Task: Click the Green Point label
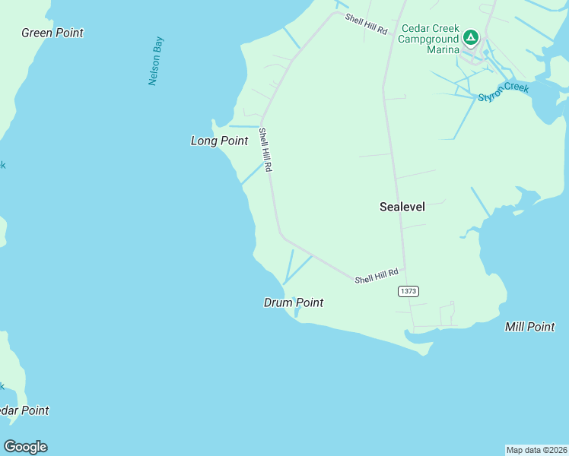(x=52, y=33)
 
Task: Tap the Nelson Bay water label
(x=156, y=60)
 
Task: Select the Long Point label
(x=219, y=141)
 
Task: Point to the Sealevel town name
(x=402, y=206)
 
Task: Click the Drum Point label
(x=293, y=302)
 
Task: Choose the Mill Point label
(x=529, y=327)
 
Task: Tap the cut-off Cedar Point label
(x=24, y=410)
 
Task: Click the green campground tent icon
(x=471, y=36)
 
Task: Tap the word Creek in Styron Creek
(x=516, y=87)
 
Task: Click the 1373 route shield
(x=408, y=291)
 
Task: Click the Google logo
(x=25, y=447)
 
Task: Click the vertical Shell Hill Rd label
(x=265, y=150)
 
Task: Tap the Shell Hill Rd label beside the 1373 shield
(x=377, y=277)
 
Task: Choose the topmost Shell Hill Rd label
(x=366, y=24)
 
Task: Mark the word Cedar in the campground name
(x=417, y=28)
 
